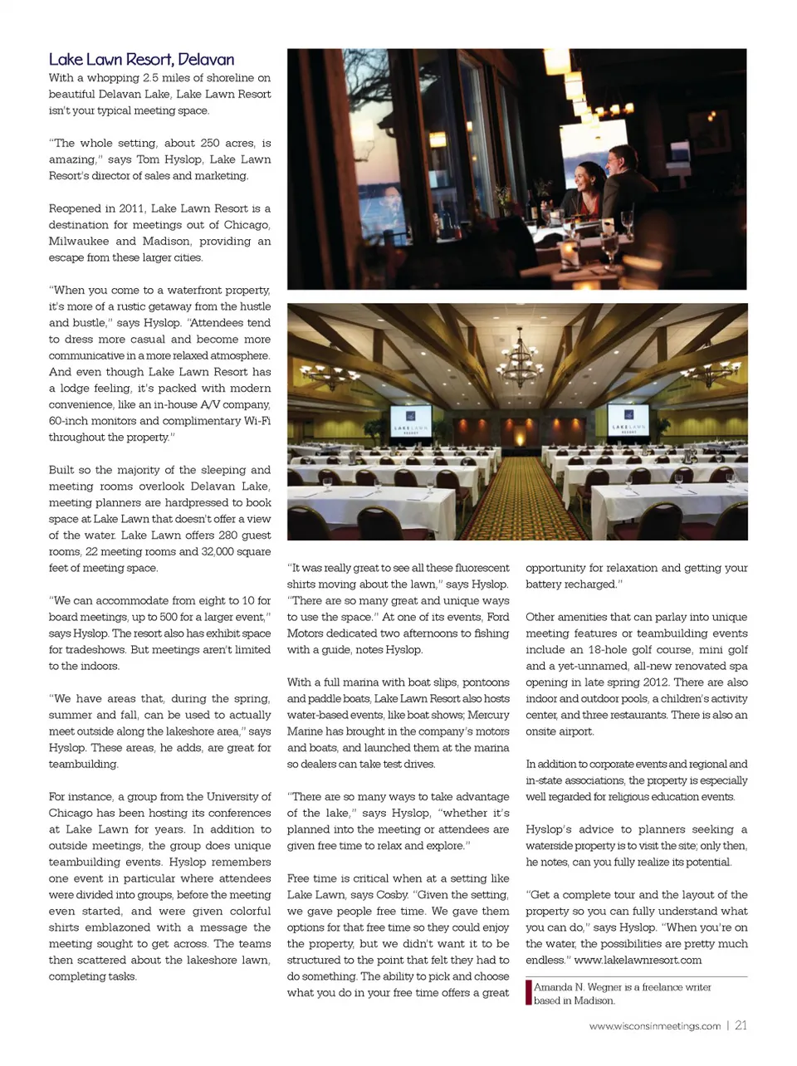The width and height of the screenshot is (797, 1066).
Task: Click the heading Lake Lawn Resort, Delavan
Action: [141, 60]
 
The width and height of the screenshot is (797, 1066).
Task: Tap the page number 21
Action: [741, 1025]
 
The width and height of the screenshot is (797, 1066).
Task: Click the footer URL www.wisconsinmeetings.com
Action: [654, 1026]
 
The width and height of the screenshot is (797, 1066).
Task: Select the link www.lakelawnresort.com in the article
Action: [638, 960]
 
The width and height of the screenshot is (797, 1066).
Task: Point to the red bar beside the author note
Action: [528, 993]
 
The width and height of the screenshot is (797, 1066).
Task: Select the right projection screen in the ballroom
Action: [628, 420]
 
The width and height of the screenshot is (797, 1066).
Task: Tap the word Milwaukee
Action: [78, 242]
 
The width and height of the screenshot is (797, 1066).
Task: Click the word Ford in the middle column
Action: [498, 617]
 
